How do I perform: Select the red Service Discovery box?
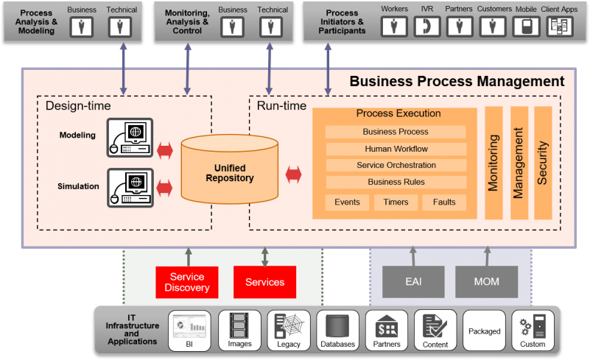[186, 282]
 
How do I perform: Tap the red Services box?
[264, 282]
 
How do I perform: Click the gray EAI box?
[413, 282]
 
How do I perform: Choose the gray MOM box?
[486, 282]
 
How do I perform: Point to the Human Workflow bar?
[396, 149]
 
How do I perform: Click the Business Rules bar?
[396, 182]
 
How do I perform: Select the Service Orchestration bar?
[396, 165]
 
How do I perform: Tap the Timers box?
[396, 202]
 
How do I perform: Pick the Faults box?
[444, 202]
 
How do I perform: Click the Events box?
[347, 202]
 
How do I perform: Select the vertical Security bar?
[543, 163]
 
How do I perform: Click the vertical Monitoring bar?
[494, 163]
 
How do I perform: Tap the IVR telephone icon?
[427, 27]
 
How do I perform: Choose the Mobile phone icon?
[525, 27]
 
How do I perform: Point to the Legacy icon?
[289, 325]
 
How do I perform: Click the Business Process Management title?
[457, 82]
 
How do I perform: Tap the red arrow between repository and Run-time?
[294, 174]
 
